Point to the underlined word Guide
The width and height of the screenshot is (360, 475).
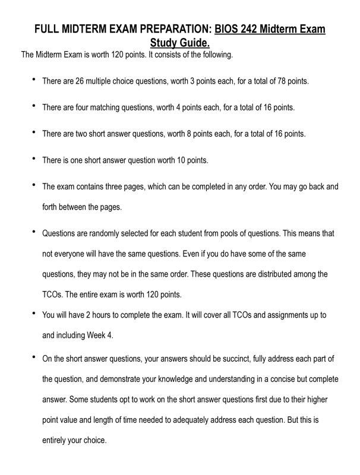point(194,43)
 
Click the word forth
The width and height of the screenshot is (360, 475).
point(51,207)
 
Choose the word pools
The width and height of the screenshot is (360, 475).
point(242,233)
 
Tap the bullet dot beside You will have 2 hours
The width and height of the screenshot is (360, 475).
point(34,312)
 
